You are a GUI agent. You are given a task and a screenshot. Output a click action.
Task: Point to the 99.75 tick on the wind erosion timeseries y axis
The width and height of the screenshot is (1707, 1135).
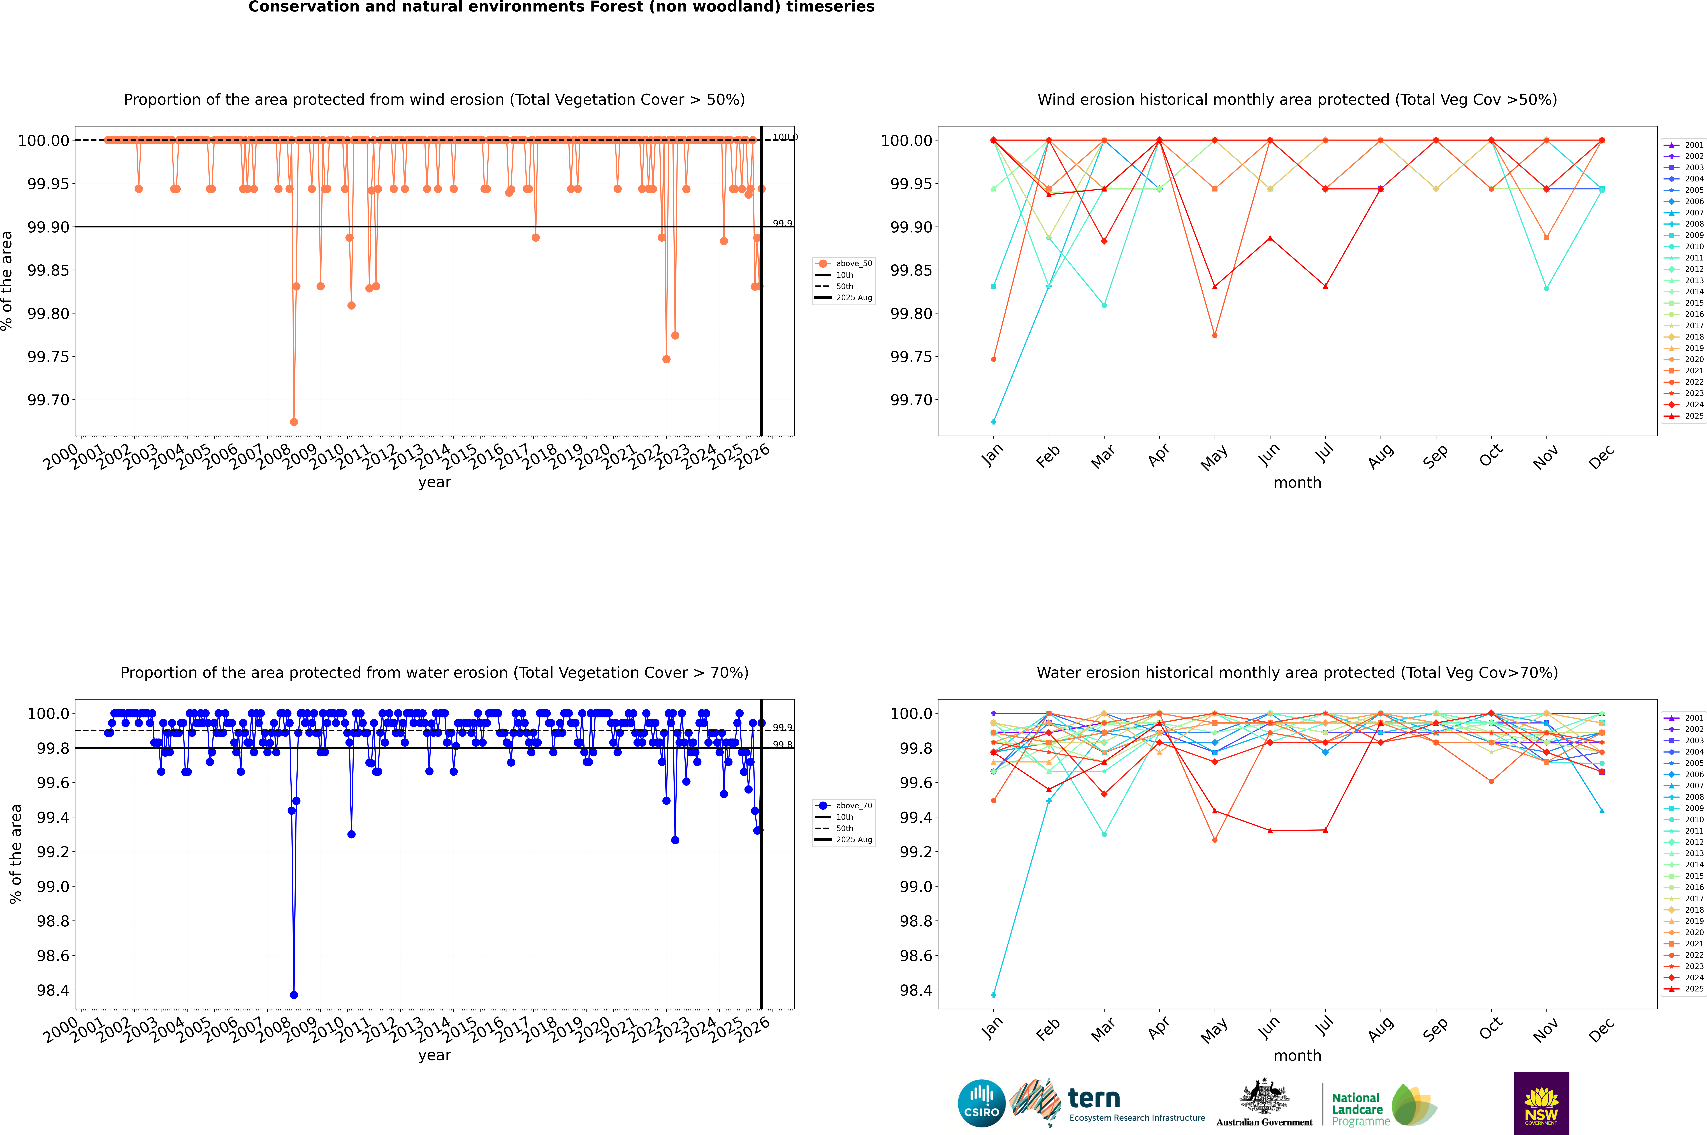[48, 357]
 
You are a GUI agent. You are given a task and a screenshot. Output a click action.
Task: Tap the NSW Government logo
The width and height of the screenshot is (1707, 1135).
[1541, 1103]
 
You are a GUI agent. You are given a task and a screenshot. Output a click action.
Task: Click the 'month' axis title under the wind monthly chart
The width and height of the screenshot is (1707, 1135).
[1297, 483]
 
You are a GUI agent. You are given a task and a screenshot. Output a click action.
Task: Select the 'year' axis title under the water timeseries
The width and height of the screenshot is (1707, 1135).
[434, 1055]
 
